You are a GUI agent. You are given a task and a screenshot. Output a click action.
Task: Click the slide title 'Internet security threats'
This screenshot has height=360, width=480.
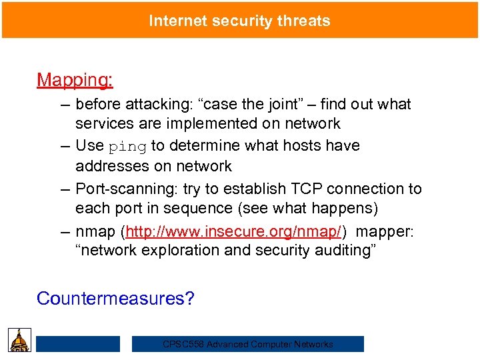(239, 21)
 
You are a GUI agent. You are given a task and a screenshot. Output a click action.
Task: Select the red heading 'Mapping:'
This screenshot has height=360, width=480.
(75, 80)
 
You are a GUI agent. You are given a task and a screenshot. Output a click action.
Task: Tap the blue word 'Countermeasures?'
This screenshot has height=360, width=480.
(115, 298)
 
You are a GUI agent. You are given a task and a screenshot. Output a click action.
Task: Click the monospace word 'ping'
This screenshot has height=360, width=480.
(127, 146)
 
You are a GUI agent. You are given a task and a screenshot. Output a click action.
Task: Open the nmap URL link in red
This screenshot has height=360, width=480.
(234, 231)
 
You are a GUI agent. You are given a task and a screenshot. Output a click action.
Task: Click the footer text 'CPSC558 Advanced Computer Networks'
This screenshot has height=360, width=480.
(248, 344)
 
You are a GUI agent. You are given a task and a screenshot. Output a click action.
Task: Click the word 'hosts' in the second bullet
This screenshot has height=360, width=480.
(320, 145)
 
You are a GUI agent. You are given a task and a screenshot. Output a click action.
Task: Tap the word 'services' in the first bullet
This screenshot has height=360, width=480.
(103, 123)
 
